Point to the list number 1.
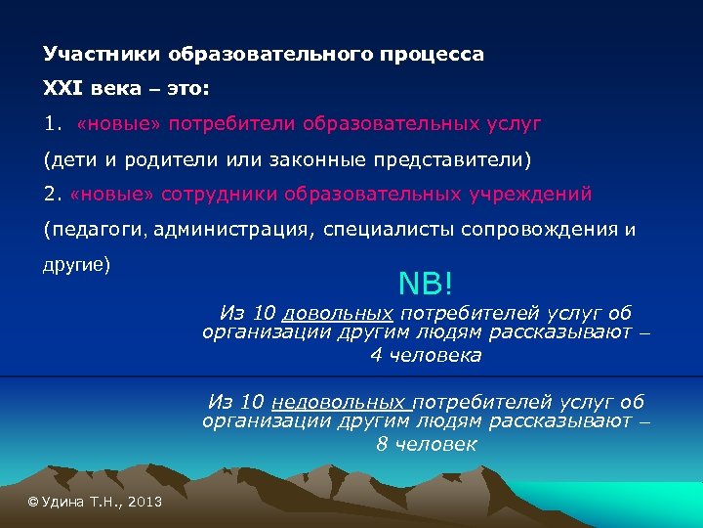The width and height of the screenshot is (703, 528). (52, 124)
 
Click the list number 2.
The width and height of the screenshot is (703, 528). (52, 194)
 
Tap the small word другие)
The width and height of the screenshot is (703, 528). (77, 265)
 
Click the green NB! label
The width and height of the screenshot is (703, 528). (426, 283)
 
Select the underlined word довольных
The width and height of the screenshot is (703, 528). (338, 313)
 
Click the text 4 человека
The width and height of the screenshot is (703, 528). (426, 355)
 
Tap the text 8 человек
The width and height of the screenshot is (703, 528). (426, 444)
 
